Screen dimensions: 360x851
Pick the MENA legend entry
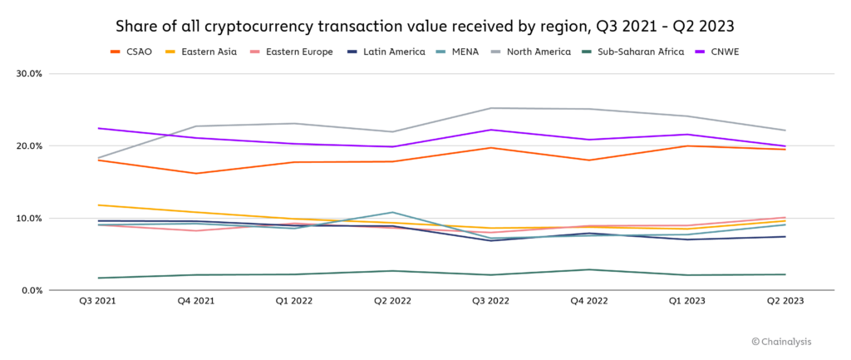tap(462, 52)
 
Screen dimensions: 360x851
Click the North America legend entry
tap(534, 52)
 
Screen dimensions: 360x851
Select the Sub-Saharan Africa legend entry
tap(634, 52)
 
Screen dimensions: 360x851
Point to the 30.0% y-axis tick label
tap(29, 73)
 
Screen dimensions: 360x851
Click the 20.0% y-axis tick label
tap(29, 145)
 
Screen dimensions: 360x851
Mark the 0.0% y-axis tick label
tap(31, 290)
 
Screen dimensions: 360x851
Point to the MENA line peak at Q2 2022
tap(392, 212)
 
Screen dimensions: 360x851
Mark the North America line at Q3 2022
tap(490, 108)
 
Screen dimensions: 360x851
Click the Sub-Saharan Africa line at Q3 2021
tap(98, 278)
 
